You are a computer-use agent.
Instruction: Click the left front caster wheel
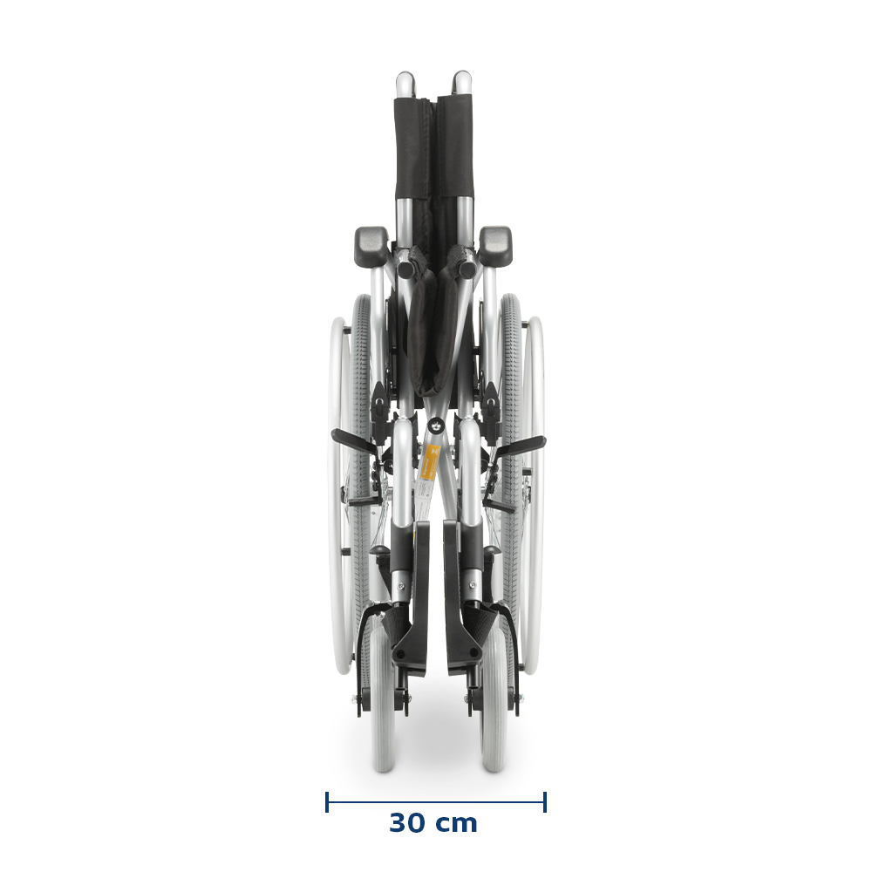click(x=384, y=695)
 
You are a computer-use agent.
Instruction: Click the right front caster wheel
click(x=494, y=695)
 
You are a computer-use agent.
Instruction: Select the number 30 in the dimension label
click(x=406, y=823)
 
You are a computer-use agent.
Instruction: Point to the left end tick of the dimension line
click(x=327, y=802)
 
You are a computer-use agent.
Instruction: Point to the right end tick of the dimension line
click(x=545, y=802)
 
